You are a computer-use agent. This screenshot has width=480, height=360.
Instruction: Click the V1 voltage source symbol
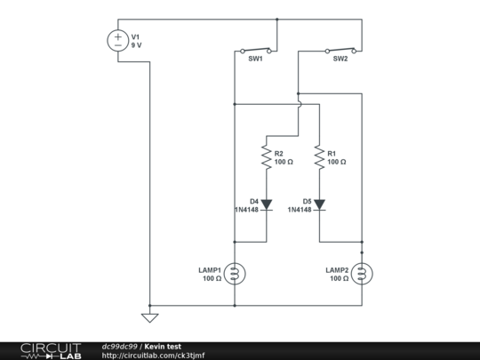click(x=117, y=41)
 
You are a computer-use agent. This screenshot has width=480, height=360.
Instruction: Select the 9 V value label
click(x=138, y=44)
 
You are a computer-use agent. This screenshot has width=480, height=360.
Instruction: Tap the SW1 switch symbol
click(x=255, y=50)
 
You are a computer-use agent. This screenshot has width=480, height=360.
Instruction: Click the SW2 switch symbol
click(x=340, y=50)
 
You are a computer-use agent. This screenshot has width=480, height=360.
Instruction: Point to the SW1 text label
click(x=255, y=60)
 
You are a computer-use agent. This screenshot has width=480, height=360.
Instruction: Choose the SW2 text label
click(x=340, y=60)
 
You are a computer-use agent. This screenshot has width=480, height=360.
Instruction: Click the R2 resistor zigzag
click(x=266, y=157)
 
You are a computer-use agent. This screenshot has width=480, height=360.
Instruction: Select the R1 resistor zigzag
click(x=319, y=157)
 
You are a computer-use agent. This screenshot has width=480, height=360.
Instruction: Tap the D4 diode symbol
click(x=266, y=204)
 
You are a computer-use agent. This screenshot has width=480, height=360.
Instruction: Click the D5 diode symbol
click(x=319, y=204)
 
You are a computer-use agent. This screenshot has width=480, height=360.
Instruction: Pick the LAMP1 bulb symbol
click(x=235, y=274)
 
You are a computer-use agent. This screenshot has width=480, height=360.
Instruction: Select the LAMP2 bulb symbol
click(x=362, y=274)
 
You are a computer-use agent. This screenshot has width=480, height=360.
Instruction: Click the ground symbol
click(x=149, y=316)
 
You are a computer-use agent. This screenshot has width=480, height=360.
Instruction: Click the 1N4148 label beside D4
click(x=246, y=210)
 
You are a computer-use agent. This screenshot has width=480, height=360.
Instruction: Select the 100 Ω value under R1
click(x=336, y=163)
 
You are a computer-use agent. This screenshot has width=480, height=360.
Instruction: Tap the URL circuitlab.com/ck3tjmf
click(x=154, y=355)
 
